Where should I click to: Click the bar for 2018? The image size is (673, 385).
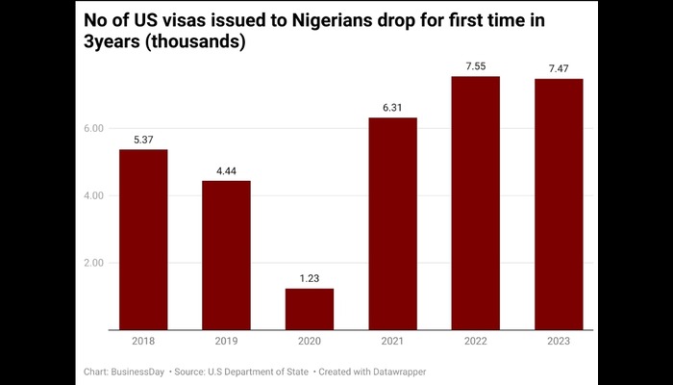click(x=143, y=240)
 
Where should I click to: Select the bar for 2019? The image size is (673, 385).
click(x=226, y=255)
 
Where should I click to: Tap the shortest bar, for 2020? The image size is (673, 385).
click(x=310, y=309)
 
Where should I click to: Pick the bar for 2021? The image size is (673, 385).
click(x=392, y=223)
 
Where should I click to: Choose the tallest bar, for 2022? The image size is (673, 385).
click(x=476, y=203)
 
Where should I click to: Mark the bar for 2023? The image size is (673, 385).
click(x=559, y=204)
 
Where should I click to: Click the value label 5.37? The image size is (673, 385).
click(x=143, y=140)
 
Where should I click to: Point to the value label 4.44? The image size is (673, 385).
click(x=226, y=171)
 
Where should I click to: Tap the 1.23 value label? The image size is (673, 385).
click(x=310, y=279)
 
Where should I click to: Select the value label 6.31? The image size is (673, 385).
click(x=392, y=108)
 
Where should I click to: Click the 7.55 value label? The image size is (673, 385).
click(x=476, y=66)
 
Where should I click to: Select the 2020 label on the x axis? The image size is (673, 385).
click(x=310, y=342)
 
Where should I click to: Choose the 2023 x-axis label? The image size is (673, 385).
click(x=559, y=342)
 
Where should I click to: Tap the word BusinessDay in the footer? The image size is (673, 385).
click(x=136, y=371)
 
